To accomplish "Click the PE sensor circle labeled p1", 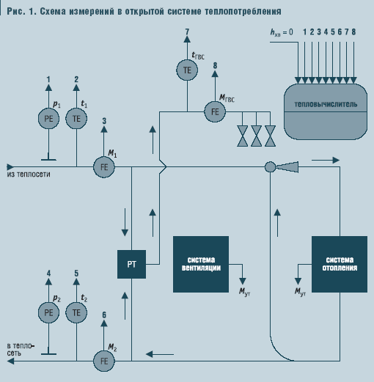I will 49,118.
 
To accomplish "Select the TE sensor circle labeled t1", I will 76,118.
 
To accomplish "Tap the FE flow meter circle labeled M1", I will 104,167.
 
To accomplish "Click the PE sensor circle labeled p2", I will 49,312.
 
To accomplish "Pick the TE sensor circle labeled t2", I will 76,312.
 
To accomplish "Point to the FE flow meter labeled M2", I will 104,360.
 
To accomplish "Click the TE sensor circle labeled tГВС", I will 187,70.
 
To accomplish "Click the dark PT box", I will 132,263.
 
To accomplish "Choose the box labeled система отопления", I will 340,264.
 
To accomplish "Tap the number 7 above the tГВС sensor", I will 187,32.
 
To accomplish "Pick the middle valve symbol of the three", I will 256,135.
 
